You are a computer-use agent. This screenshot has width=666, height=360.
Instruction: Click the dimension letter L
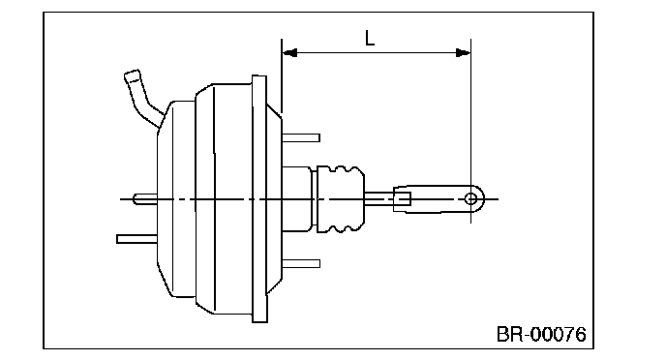pyautogui.click(x=370, y=38)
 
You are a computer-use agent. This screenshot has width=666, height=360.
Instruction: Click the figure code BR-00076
pyautogui.click(x=541, y=334)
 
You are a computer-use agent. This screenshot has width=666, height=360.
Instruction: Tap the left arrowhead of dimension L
pyautogui.click(x=289, y=53)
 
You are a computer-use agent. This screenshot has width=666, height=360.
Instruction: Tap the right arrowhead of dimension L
pyautogui.click(x=463, y=53)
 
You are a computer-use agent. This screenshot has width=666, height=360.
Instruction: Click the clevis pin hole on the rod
pyautogui.click(x=470, y=198)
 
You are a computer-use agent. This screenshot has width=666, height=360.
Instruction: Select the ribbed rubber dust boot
pyautogui.click(x=341, y=198)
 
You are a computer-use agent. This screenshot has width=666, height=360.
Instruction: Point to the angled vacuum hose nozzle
pyautogui.click(x=142, y=98)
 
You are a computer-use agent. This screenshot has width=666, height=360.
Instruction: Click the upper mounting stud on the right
pyautogui.click(x=301, y=137)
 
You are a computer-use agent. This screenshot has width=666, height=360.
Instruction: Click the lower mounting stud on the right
pyautogui.click(x=301, y=263)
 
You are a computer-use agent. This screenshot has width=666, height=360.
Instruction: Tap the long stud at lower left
pyautogui.click(x=136, y=239)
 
